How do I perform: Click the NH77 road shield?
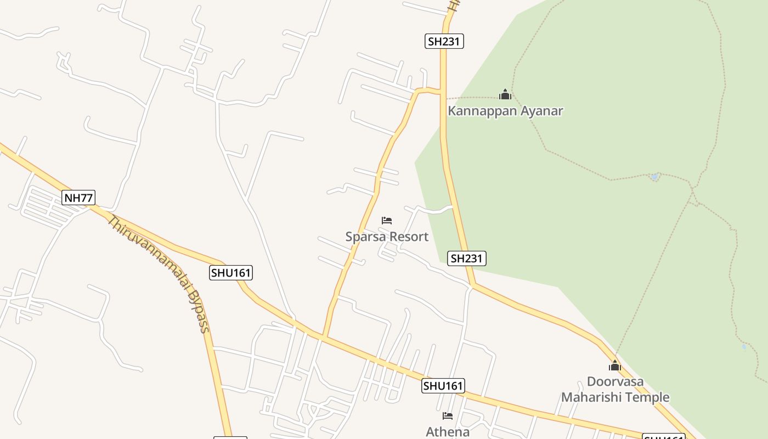(78, 198)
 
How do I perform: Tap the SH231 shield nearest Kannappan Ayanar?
(444, 41)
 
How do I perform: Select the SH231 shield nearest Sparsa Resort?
(467, 258)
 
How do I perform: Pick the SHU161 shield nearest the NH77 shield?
(231, 273)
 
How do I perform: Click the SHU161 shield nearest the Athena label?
(443, 386)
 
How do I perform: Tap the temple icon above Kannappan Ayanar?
(505, 94)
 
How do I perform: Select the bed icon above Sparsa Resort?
(387, 221)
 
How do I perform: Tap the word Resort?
(408, 237)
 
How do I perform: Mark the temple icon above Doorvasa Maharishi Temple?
(614, 365)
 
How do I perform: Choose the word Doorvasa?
(615, 381)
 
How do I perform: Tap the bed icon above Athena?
(448, 416)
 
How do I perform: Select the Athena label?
(448, 432)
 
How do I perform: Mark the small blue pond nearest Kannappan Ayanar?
(654, 177)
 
